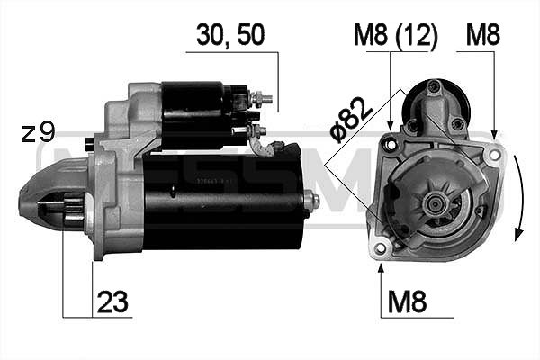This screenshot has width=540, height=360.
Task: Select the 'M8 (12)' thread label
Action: tap(395, 37)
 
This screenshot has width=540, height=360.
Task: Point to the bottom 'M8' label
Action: tap(407, 302)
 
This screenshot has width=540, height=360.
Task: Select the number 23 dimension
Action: tap(113, 302)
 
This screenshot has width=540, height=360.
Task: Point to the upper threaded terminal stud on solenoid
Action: tap(260, 96)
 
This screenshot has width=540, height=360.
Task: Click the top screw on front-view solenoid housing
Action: tap(434, 86)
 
